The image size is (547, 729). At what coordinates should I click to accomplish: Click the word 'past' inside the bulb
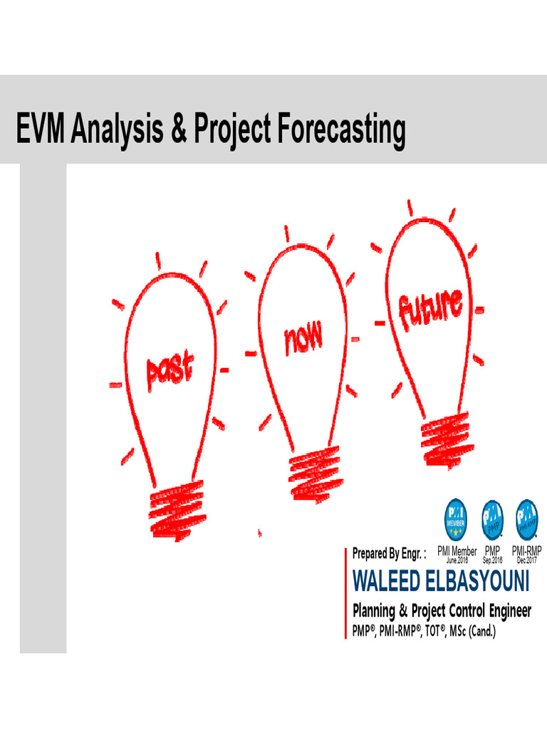tap(170, 372)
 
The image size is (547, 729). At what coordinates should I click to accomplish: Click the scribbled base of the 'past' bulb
tap(177, 506)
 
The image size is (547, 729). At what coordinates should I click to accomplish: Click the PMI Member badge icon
tap(457, 518)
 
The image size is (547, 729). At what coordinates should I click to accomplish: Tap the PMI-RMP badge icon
tap(527, 518)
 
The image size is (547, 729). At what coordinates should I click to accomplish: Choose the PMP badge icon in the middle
tap(492, 518)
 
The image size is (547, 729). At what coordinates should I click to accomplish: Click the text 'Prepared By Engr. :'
tap(389, 553)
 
